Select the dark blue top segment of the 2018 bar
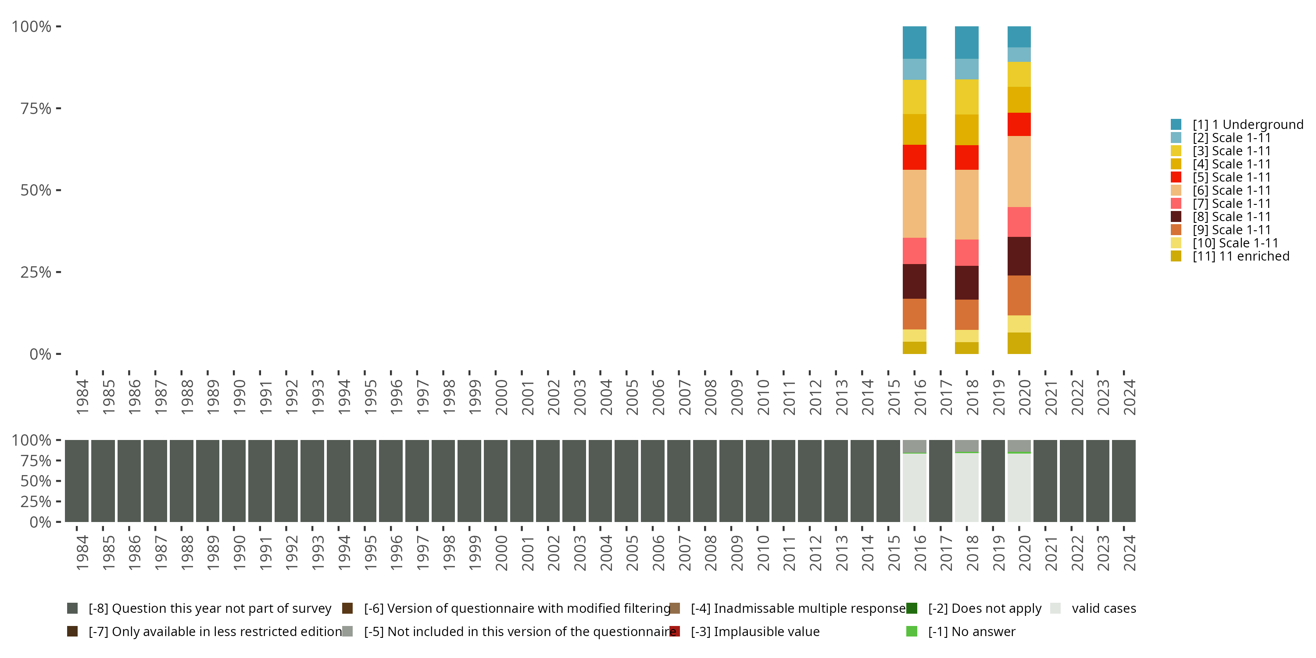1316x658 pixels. click(966, 43)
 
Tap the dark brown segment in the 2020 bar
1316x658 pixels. click(1019, 256)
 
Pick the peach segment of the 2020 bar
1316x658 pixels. click(1019, 171)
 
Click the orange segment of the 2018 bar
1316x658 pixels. click(966, 314)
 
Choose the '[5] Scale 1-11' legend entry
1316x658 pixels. click(1231, 177)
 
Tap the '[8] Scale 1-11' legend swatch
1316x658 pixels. click(1176, 217)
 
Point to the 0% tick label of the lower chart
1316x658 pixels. click(40, 522)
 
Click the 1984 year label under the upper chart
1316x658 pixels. click(82, 397)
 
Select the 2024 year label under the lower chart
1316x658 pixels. click(1129, 553)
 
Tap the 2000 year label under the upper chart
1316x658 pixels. click(501, 397)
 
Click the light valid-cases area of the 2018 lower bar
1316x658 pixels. click(966, 488)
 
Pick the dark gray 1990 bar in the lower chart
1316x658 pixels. click(234, 481)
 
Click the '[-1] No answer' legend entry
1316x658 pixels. click(971, 631)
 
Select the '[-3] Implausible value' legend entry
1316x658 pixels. click(755, 631)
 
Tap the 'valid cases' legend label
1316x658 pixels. click(1104, 608)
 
